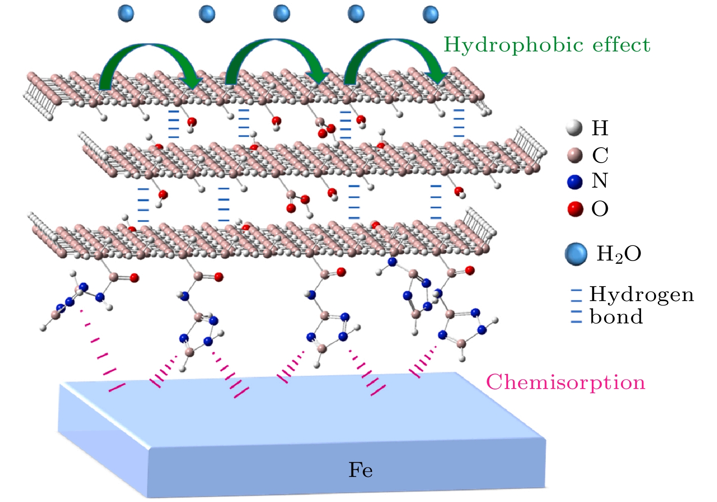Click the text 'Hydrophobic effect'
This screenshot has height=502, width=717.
point(547,45)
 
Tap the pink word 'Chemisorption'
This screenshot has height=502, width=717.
point(566,382)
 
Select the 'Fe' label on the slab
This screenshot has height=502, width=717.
point(361,470)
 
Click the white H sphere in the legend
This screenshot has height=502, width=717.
point(575,128)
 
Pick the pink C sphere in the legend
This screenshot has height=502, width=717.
point(575,155)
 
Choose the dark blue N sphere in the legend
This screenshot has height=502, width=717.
point(575,181)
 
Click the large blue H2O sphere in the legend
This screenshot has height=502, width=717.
point(576,254)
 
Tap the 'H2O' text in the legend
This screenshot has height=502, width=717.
point(619,254)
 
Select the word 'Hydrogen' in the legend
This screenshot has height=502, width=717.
point(641,295)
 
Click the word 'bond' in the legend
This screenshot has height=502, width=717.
point(616,317)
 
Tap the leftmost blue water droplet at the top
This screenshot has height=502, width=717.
point(126,13)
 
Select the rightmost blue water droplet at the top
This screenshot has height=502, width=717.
point(431,14)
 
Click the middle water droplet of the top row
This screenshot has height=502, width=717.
point(282,13)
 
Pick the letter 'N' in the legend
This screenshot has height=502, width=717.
point(600,181)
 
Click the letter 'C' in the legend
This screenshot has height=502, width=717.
point(600,155)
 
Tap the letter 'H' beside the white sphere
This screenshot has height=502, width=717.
point(600,128)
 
